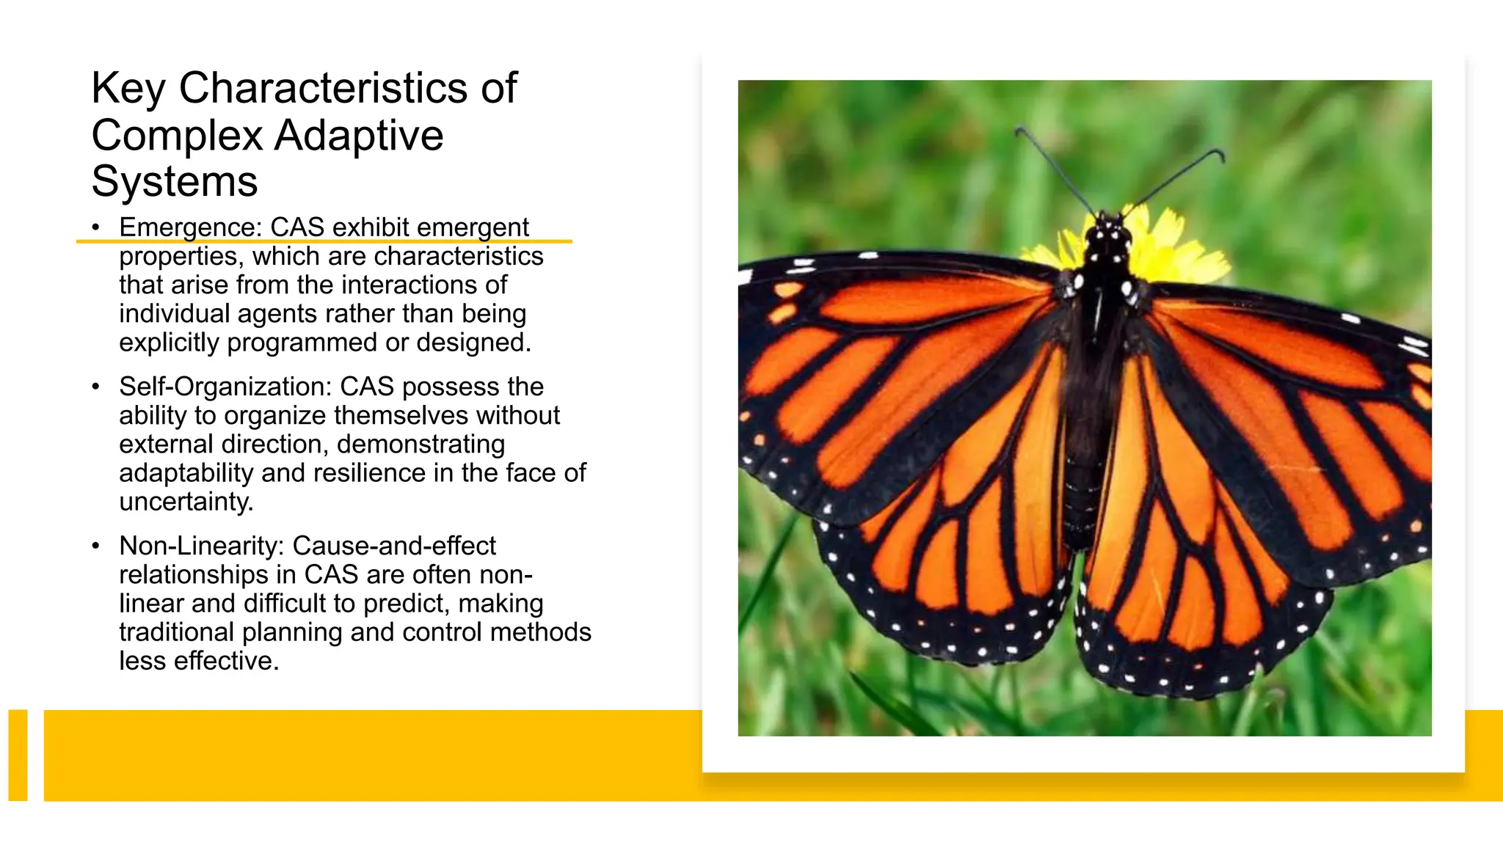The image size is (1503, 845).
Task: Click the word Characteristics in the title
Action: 323,89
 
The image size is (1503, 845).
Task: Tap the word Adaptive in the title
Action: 359,136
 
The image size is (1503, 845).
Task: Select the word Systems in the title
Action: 175,182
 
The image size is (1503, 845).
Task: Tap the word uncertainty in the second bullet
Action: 186,502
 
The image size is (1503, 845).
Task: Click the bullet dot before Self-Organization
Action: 95,387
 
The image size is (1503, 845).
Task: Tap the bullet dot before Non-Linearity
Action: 95,546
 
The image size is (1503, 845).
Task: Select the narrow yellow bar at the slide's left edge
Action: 18,755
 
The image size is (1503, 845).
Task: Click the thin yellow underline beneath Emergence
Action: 323,241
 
